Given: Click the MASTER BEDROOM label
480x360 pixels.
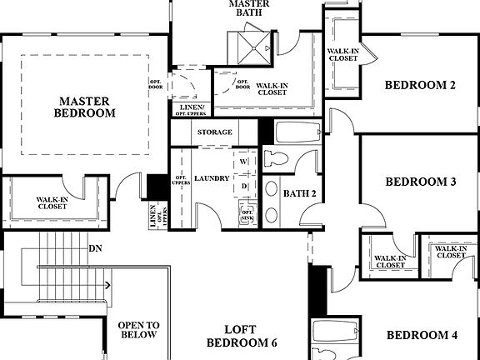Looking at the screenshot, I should pos(84,106).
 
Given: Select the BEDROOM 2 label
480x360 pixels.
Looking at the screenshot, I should pos(420,84).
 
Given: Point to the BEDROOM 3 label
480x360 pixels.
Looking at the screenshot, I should pos(420,182).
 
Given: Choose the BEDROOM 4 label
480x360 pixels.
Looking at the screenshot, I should pos(421,335).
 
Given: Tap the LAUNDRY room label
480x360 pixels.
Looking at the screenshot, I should pos(212,178).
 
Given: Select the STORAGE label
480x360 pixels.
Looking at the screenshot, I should pos(214,132).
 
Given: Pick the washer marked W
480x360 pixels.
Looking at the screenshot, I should pos(245,161).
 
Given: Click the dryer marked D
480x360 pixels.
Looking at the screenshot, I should pos(245,186).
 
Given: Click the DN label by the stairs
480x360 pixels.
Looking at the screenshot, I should pos(96,248).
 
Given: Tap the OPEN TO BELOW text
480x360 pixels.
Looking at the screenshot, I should pos(137,330).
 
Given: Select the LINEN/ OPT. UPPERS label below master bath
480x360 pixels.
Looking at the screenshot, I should pos(189,109).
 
